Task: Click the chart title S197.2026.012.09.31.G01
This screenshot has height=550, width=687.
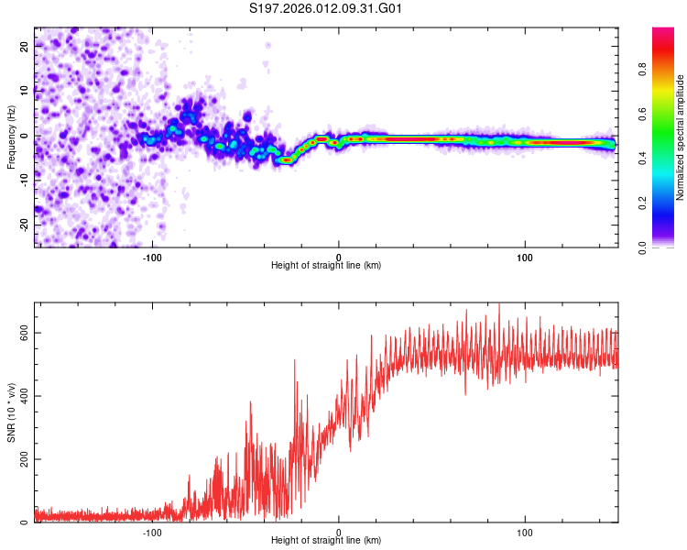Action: (327, 8)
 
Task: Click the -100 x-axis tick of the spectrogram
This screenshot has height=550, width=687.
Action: (152, 256)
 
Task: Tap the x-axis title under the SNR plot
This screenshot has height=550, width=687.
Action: (326, 541)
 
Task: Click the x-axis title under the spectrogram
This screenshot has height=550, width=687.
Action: (326, 266)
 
